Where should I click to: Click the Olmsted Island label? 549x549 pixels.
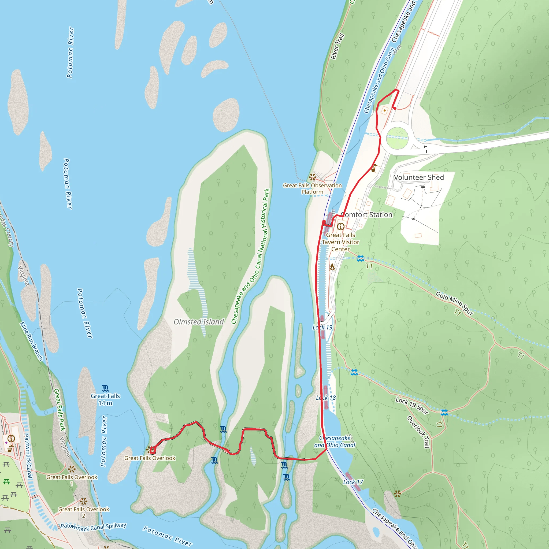[x=199, y=322]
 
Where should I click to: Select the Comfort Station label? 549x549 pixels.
[x=366, y=214]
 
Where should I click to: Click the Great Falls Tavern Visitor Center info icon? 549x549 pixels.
[x=340, y=227]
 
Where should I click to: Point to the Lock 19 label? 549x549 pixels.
[x=322, y=327]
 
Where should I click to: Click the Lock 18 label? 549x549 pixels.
[x=326, y=398]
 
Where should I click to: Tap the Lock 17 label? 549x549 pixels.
[x=353, y=482]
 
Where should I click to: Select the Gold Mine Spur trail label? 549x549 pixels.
[x=454, y=303]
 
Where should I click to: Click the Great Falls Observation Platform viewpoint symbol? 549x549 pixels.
[x=313, y=177]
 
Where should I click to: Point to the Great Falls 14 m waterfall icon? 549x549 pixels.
[x=105, y=388]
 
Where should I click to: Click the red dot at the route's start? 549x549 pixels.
[x=394, y=108]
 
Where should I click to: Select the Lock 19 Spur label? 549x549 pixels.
[x=412, y=406]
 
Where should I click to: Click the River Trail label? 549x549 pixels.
[x=337, y=46]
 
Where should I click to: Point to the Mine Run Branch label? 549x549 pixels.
[x=31, y=341]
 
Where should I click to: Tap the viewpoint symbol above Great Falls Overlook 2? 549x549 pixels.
[x=83, y=501]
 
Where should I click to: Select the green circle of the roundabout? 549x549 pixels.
[x=397, y=138]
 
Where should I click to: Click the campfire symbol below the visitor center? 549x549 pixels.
[x=332, y=267]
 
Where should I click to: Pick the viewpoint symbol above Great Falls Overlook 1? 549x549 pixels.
[x=72, y=469]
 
